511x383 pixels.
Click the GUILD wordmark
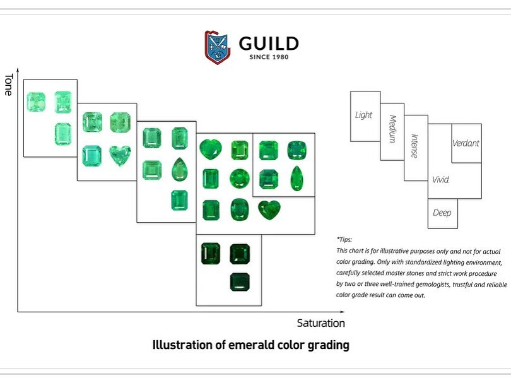click(269, 44)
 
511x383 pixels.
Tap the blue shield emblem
click(218, 47)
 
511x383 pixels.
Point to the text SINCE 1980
click(269, 57)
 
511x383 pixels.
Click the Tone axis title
click(8, 85)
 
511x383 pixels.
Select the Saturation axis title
click(320, 323)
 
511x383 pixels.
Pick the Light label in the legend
click(363, 115)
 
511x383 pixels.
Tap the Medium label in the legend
click(392, 129)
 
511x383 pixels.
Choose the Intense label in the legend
click(414, 146)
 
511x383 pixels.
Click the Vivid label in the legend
click(440, 180)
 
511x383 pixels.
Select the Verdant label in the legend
click(466, 143)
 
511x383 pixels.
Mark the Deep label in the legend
click(442, 213)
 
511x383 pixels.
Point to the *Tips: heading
click(344, 240)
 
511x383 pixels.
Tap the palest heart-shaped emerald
click(120, 155)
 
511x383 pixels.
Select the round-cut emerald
click(240, 179)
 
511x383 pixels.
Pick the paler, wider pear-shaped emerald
click(180, 170)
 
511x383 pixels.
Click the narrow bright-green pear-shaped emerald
click(297, 179)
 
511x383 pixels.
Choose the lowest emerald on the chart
click(240, 282)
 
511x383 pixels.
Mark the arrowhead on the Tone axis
click(18, 70)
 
